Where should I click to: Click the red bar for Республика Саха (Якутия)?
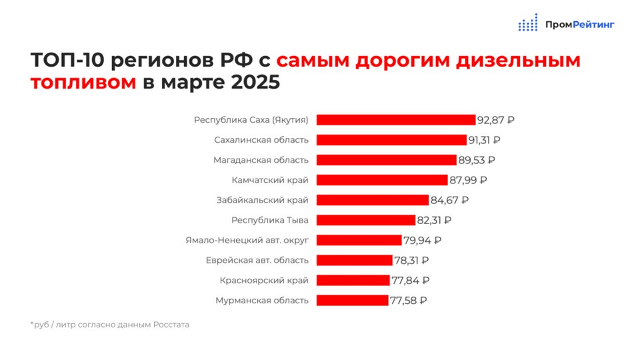pyautogui.click(x=396, y=120)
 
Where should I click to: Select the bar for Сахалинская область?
pyautogui.click(x=391, y=140)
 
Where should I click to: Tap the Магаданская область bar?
pyautogui.click(x=386, y=160)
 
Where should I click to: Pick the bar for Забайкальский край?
pyautogui.click(x=372, y=200)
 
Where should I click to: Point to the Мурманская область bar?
pyautogui.click(x=352, y=301)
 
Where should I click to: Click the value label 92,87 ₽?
pyautogui.click(x=496, y=121)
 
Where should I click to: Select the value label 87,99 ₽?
pyautogui.click(x=468, y=180)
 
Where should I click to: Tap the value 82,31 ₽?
pyautogui.click(x=435, y=220)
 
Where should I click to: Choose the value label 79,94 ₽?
pyautogui.click(x=423, y=241)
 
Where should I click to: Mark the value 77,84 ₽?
pyautogui.click(x=411, y=281)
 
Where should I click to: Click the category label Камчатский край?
pyautogui.click(x=270, y=180)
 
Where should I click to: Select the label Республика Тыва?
pyautogui.click(x=270, y=220)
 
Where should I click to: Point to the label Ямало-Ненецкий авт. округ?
pyautogui.click(x=247, y=240)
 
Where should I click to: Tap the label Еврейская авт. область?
pyautogui.click(x=257, y=260)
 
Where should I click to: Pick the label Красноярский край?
pyautogui.click(x=264, y=280)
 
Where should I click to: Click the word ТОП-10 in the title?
pyautogui.click(x=67, y=61)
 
